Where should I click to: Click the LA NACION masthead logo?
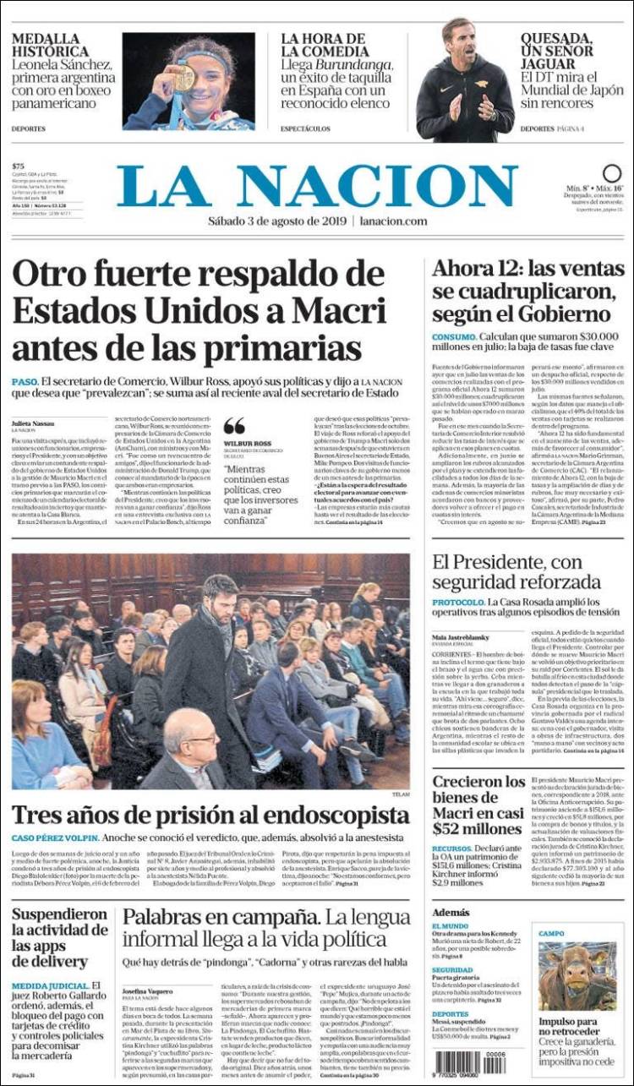click(316, 187)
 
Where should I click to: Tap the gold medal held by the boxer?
click(183, 77)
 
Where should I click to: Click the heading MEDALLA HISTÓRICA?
click(46, 46)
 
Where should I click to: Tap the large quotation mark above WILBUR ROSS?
click(234, 426)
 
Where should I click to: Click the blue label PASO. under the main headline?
click(25, 382)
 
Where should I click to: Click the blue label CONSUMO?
click(455, 336)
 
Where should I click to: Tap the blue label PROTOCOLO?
click(459, 603)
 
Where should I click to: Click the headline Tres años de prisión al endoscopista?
click(210, 816)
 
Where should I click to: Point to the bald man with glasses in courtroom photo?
click(191, 747)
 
